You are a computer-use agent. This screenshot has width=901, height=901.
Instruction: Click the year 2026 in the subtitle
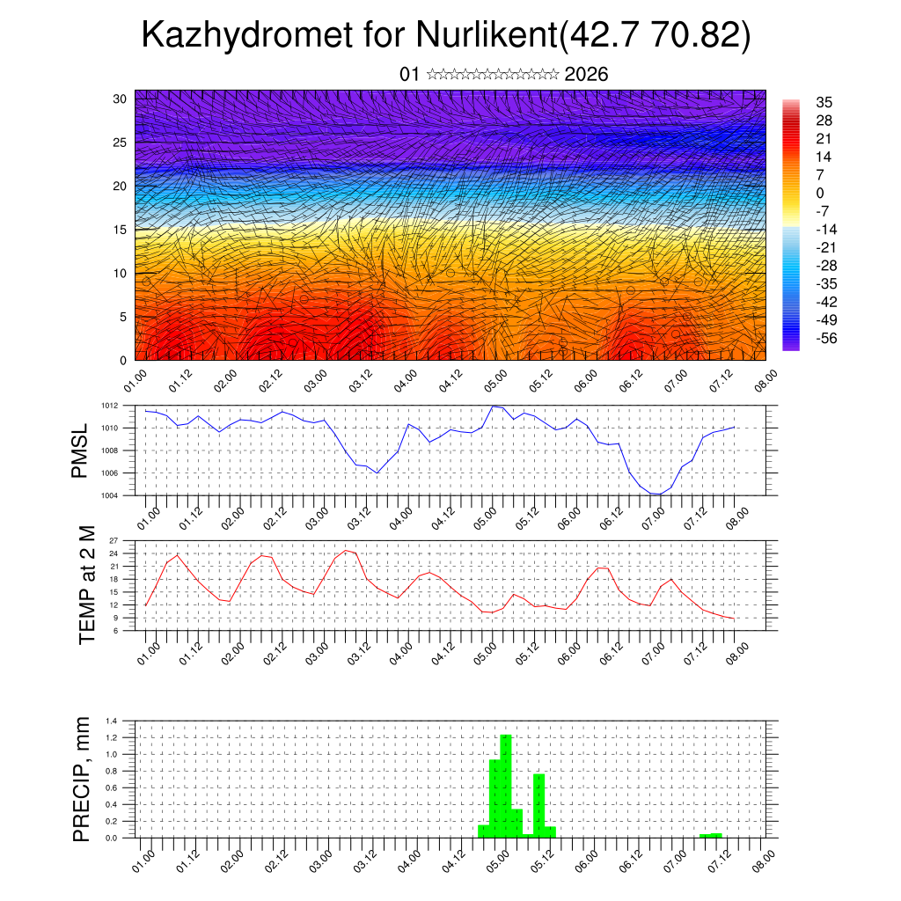point(586,75)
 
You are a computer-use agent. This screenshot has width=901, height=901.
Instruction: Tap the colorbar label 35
point(824,102)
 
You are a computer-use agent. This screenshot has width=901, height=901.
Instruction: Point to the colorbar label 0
point(820,193)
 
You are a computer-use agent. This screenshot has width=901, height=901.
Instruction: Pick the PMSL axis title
point(81,450)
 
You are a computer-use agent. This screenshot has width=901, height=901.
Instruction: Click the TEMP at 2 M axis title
point(86,585)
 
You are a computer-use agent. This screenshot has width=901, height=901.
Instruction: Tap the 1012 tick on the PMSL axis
point(122,406)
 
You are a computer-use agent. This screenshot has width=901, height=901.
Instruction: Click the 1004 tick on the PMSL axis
point(122,495)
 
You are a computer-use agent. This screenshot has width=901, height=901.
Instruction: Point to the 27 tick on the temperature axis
point(125,540)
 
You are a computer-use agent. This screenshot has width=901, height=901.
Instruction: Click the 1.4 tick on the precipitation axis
point(124,721)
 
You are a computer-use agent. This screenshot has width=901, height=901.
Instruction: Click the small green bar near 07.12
point(710,835)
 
